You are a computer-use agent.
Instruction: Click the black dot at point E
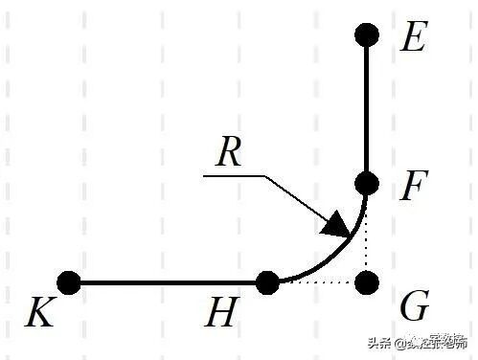(367, 35)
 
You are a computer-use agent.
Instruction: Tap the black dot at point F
(367, 183)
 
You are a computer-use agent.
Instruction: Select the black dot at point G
(367, 282)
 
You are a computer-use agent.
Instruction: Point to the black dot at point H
(267, 282)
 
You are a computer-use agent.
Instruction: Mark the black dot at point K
(68, 282)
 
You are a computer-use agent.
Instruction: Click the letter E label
(413, 38)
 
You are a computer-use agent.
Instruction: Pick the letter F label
(412, 187)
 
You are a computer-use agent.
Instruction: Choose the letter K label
(39, 313)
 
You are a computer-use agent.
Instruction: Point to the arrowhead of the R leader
(336, 226)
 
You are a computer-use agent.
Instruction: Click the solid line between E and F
(367, 109)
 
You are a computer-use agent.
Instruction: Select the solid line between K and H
(168, 282)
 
